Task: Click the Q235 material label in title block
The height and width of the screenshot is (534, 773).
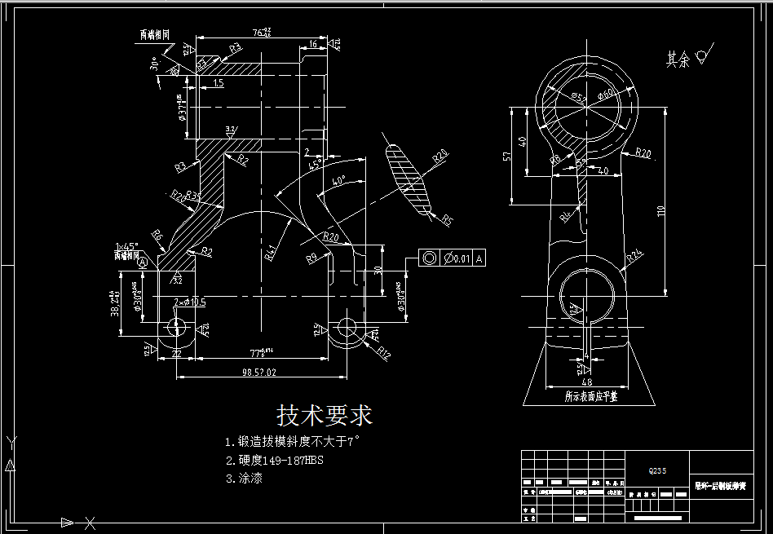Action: (x=656, y=470)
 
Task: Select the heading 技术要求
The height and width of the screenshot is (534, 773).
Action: (x=325, y=416)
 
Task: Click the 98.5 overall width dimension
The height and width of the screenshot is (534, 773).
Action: (x=259, y=372)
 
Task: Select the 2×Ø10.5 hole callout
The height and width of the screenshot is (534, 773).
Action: (x=189, y=302)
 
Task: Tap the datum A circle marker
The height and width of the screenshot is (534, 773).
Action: (x=144, y=263)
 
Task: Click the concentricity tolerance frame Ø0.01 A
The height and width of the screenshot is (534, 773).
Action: (x=452, y=258)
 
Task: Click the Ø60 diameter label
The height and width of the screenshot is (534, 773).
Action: (x=607, y=95)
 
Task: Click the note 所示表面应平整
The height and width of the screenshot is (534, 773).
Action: (x=590, y=396)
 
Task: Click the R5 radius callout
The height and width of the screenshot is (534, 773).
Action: (x=446, y=220)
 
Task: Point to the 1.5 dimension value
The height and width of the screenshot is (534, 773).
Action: (x=218, y=83)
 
